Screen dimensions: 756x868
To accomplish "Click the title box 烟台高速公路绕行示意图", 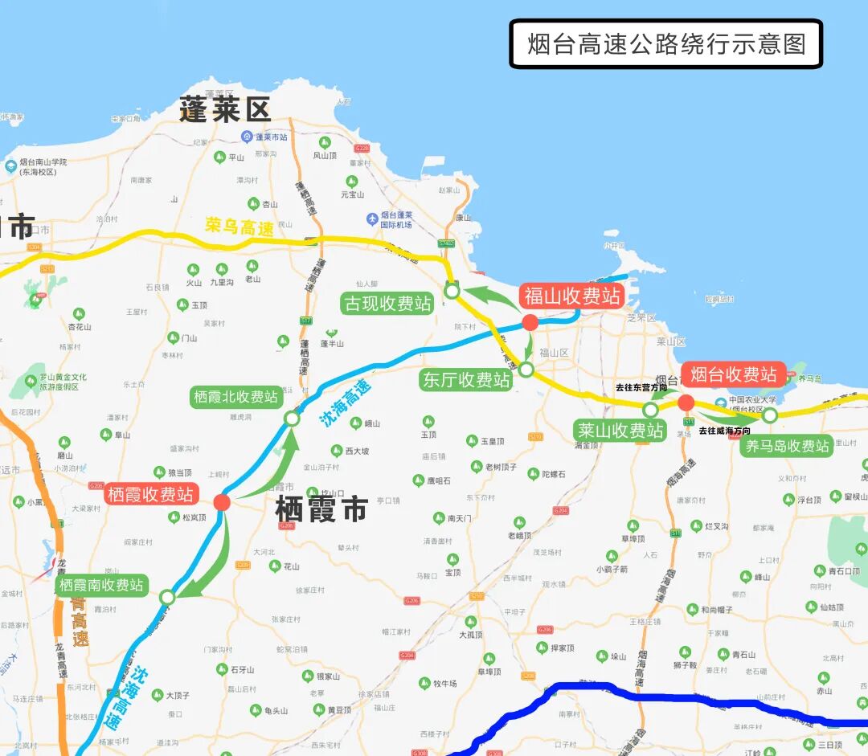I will tap(666, 43).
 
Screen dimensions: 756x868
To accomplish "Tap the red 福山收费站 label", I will tap(573, 296).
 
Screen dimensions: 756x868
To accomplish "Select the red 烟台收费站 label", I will tap(734, 374).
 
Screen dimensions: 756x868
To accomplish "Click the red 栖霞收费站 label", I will tap(150, 494).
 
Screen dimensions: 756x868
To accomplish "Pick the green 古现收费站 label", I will tap(388, 304).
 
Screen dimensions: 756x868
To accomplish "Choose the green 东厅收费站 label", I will tap(466, 380).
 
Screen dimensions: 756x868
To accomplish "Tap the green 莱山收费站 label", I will tap(620, 431).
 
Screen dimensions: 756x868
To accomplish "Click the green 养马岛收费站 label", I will tap(787, 446).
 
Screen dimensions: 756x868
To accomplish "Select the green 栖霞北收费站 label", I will tap(235, 397).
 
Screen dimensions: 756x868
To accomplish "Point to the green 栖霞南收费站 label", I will tap(101, 585).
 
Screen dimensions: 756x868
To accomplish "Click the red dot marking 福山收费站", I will tap(530, 323).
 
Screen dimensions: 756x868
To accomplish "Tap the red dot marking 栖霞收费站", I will tap(223, 503).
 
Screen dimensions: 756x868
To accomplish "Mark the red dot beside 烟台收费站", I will tap(686, 403).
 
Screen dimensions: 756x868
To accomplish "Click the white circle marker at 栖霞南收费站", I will tap(167, 597).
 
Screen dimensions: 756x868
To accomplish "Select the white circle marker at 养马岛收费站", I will tap(770, 415).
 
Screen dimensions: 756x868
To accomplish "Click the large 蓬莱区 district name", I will tap(225, 110).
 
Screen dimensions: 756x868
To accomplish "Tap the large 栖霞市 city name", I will tap(321, 509).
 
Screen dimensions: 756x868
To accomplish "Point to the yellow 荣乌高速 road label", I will tap(240, 227).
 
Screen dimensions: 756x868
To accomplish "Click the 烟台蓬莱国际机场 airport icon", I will tap(372, 219).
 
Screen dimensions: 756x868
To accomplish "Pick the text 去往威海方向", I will tap(724, 431).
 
